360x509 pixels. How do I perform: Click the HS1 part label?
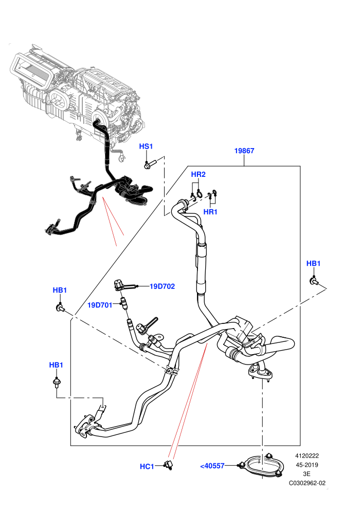(x=146, y=147)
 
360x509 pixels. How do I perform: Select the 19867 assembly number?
(x=244, y=151)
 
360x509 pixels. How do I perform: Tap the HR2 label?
(x=198, y=174)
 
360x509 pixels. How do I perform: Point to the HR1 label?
(x=210, y=212)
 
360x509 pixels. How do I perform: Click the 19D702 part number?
(x=162, y=286)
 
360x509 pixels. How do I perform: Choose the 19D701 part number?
(x=100, y=305)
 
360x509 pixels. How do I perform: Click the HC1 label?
(x=147, y=466)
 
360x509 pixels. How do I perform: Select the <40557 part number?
(x=212, y=466)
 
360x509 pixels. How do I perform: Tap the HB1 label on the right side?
(x=313, y=263)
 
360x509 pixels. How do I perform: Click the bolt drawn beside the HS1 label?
(x=150, y=164)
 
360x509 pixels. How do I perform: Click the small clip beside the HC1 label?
(x=168, y=465)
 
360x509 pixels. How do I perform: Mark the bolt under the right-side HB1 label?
(x=314, y=281)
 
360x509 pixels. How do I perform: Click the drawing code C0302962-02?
(x=307, y=483)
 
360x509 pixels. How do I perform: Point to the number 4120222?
(x=307, y=456)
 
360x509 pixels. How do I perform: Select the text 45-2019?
(x=307, y=465)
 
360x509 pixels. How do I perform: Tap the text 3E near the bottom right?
(x=307, y=474)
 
